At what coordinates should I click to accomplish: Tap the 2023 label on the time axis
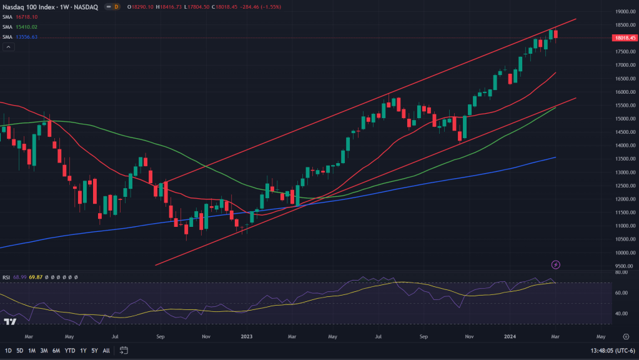click(246, 336)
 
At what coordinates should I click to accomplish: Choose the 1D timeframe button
click(8, 351)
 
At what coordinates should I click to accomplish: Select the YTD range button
click(69, 351)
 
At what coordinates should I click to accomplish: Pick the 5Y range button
click(94, 351)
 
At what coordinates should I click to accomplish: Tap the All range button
click(106, 351)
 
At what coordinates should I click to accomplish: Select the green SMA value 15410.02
click(26, 27)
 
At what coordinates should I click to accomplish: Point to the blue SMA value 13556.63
click(26, 36)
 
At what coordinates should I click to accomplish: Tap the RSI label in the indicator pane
click(7, 276)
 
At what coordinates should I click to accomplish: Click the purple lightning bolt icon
click(556, 265)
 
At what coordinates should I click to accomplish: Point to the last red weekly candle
click(556, 34)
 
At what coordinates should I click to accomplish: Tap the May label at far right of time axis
click(600, 336)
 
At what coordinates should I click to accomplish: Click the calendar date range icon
click(124, 351)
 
